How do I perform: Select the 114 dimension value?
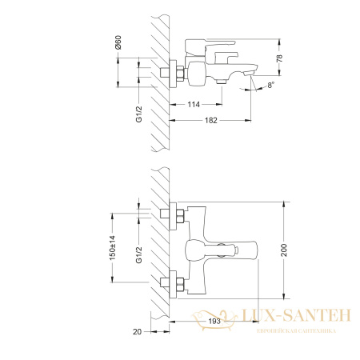194,105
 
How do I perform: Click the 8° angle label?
271,86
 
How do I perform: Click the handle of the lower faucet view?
240,249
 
